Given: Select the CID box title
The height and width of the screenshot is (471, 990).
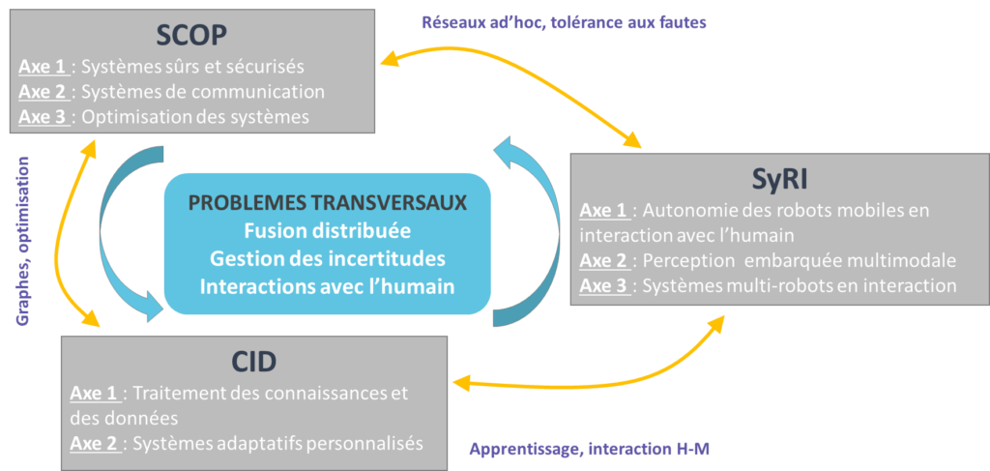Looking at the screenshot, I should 254,361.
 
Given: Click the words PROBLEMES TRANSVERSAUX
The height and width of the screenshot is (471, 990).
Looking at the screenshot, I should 327,204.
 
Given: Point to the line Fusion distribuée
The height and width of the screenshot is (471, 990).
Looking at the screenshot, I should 327,232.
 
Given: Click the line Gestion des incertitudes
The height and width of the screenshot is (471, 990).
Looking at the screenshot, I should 327,259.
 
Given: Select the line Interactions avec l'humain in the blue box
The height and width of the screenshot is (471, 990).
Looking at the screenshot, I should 327,287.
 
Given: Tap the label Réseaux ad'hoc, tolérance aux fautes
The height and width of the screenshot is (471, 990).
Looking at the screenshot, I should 564,21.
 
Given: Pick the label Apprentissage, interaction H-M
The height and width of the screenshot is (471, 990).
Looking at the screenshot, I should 591,450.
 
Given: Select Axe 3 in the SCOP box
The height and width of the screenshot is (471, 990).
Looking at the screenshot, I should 42,118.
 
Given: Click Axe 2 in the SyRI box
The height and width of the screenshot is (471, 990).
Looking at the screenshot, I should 604,260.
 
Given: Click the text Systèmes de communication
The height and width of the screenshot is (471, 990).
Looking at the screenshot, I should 203,93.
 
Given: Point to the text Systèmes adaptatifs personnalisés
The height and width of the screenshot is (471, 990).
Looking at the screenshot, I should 278,444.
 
